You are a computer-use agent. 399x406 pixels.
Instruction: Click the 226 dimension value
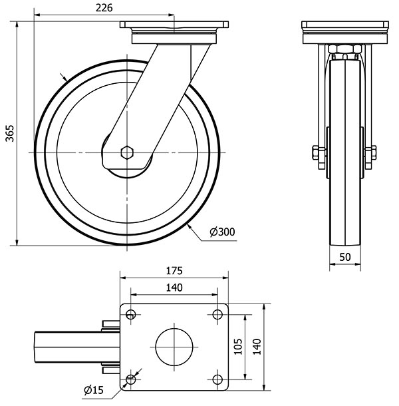pyautogui.click(x=103, y=8)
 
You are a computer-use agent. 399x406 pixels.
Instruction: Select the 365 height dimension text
pyautogui.click(x=9, y=134)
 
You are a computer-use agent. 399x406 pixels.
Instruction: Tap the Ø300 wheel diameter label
pyautogui.click(x=222, y=232)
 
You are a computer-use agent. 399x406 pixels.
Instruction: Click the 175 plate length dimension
pyautogui.click(x=174, y=272)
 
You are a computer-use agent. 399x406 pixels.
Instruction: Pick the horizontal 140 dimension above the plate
pyautogui.click(x=174, y=288)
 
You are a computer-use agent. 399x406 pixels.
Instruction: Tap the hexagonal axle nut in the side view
pyautogui.click(x=127, y=152)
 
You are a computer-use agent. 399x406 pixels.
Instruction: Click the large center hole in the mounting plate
pyautogui.click(x=174, y=346)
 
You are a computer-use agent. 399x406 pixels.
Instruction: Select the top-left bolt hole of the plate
pyautogui.click(x=130, y=314)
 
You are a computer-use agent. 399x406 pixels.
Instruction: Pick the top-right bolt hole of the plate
pyautogui.click(x=217, y=314)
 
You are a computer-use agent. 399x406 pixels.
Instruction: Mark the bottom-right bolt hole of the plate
pyautogui.click(x=217, y=379)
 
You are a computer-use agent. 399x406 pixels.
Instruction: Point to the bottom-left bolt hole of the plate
pyautogui.click(x=130, y=379)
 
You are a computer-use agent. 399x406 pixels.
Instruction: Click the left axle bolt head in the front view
pyautogui.click(x=317, y=153)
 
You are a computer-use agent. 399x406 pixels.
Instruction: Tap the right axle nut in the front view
pyautogui.click(x=370, y=153)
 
